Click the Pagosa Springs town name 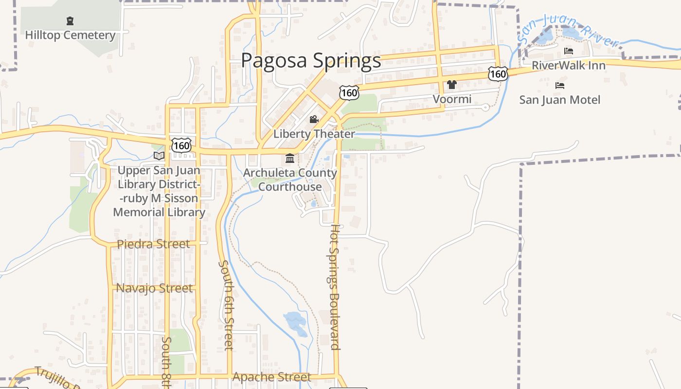[311, 60]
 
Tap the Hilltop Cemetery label [70, 35]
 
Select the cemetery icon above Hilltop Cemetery [70, 21]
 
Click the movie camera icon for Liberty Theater [314, 120]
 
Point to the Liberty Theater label [314, 134]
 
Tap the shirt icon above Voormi [452, 85]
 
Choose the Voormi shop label [452, 99]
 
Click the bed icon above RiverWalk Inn [568, 51]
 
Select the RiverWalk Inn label [568, 65]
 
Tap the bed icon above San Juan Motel [560, 86]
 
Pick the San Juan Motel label [560, 100]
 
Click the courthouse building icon [290, 159]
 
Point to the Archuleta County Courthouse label [290, 179]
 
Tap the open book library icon [159, 156]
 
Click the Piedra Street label [154, 244]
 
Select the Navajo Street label [154, 288]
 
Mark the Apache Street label [271, 377]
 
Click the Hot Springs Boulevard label [335, 287]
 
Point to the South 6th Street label [227, 305]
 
